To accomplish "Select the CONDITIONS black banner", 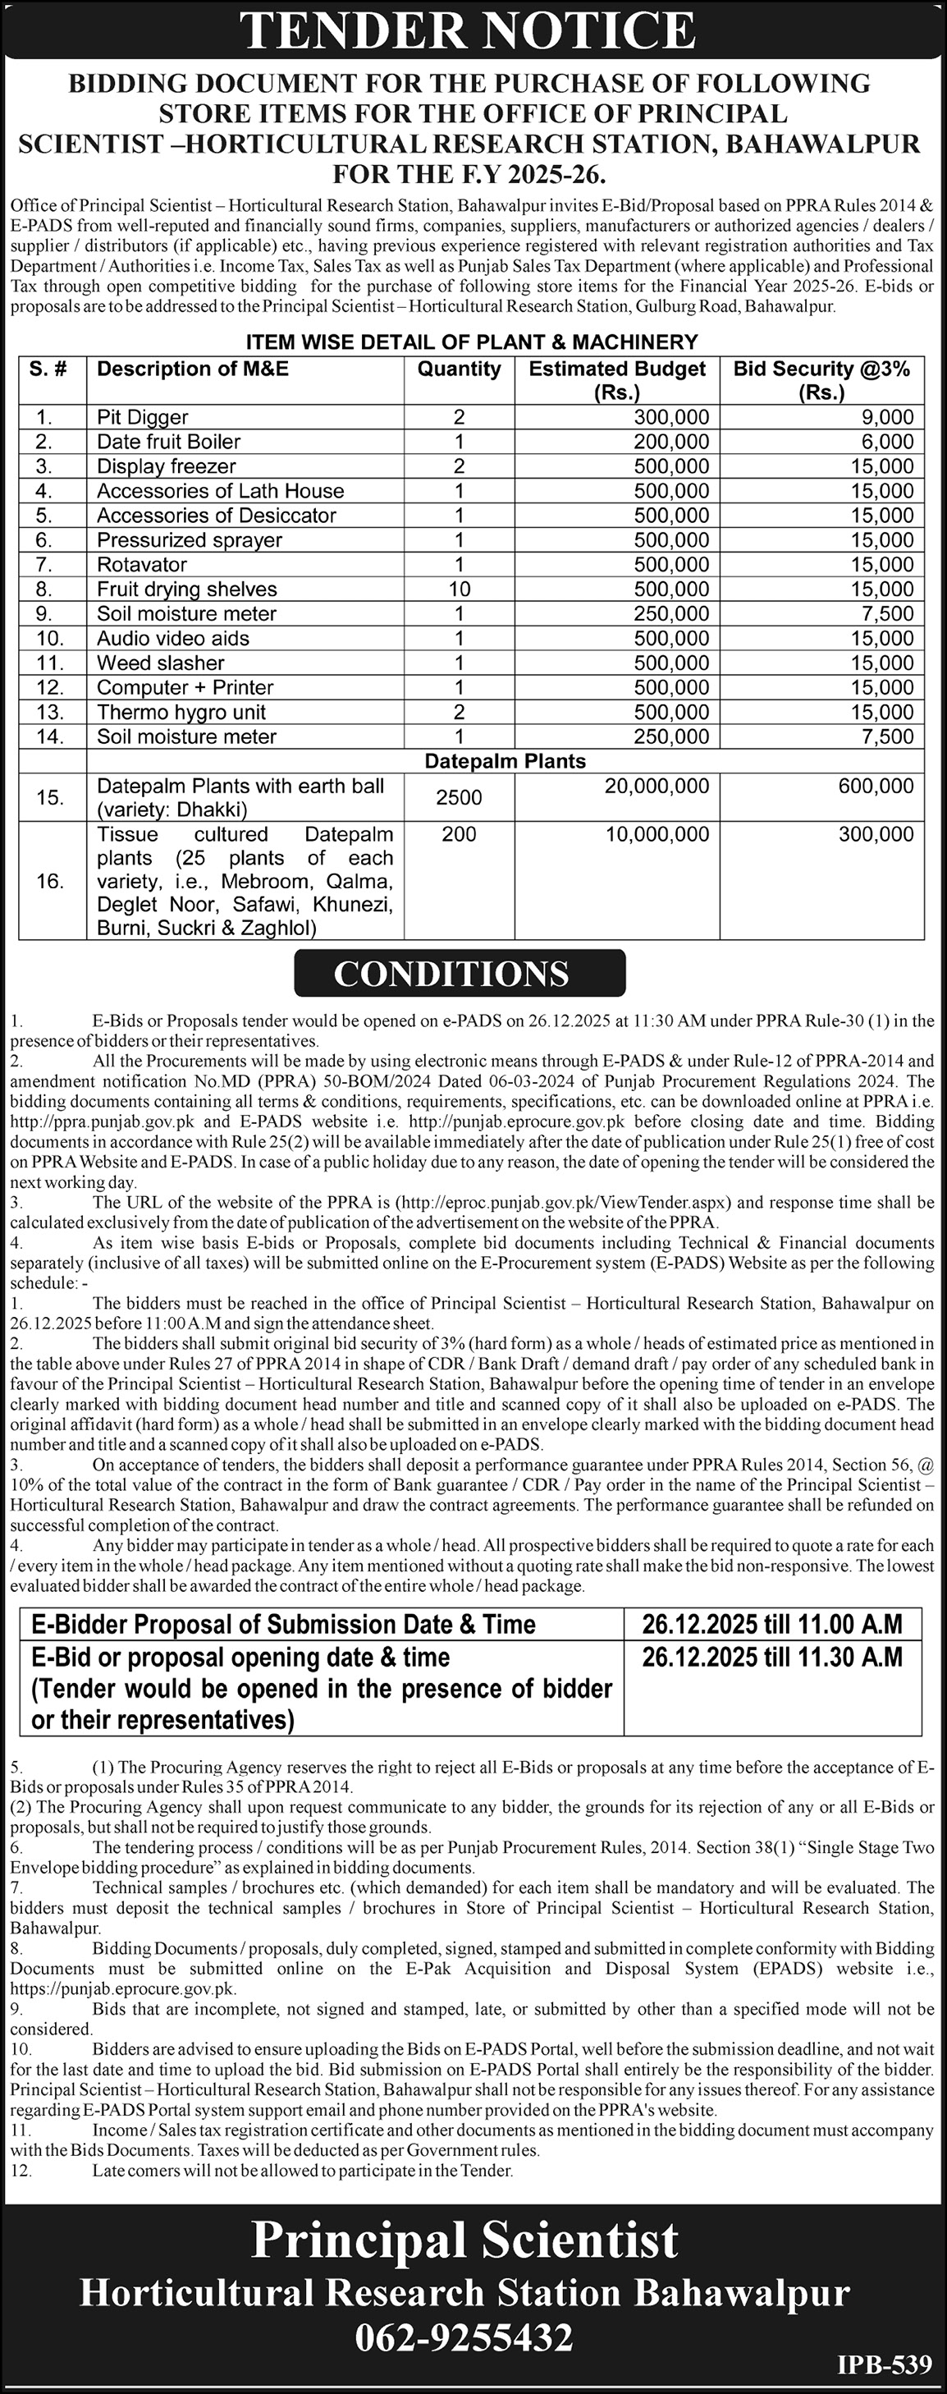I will (459, 973).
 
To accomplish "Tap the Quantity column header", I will (459, 369).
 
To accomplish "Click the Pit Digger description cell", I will (142, 417).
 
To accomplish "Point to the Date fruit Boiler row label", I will (168, 442).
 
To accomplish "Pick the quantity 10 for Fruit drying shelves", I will (459, 589).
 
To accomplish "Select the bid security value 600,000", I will (876, 787).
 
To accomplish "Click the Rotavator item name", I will (141, 564).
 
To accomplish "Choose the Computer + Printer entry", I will (185, 688).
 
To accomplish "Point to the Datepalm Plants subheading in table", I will (505, 761).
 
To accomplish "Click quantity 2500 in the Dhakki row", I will (459, 797).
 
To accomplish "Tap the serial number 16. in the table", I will (50, 881).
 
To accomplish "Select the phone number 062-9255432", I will (464, 2337).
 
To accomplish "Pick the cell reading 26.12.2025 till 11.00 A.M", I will (772, 1624).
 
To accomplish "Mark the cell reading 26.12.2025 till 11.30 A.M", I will (772, 1657).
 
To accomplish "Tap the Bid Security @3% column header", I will (821, 379).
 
